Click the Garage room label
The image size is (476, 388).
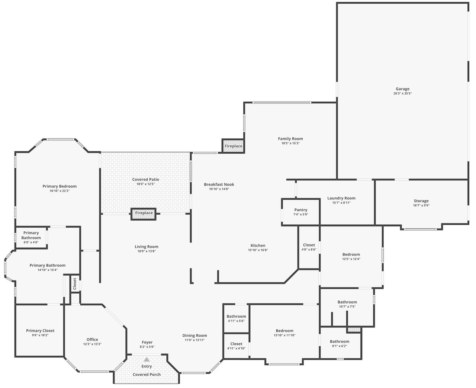tap(402, 89)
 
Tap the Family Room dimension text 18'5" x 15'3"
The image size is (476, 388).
tap(290, 143)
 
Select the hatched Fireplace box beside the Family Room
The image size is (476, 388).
tap(233, 146)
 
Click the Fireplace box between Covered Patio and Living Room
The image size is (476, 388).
tap(144, 214)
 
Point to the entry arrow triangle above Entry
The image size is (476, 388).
tap(147, 359)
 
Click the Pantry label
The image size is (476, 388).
tap(300, 210)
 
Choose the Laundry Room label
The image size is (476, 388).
tap(341, 198)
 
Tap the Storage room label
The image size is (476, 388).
tap(421, 201)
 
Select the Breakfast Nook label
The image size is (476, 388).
tap(219, 185)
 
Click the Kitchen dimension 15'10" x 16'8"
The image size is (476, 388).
tap(258, 250)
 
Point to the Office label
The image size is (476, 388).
tap(92, 340)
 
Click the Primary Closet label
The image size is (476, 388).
tap(40, 331)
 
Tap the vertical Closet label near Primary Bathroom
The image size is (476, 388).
tap(75, 283)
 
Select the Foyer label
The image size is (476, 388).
tap(147, 342)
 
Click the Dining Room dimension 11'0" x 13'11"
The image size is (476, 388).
tap(194, 340)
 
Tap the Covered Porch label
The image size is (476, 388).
tap(147, 374)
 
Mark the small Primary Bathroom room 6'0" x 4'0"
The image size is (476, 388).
tap(31, 237)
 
